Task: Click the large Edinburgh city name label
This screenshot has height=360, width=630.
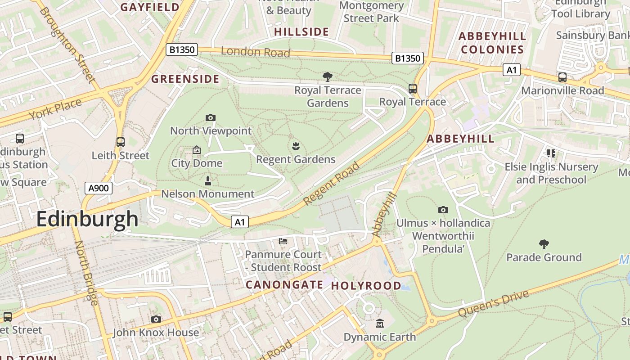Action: coord(87,220)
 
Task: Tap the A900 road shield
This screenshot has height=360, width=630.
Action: coord(99,188)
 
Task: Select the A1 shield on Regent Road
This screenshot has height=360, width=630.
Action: coord(240,221)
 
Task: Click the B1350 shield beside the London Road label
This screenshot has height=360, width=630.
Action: coord(182,49)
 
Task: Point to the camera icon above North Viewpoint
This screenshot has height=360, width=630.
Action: coord(210,118)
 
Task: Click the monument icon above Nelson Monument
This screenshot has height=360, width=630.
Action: coord(208,181)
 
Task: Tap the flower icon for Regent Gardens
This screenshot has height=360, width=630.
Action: coord(296,146)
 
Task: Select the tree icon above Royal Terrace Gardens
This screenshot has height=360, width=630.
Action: coord(328,77)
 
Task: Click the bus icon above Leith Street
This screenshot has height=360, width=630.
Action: coord(120,142)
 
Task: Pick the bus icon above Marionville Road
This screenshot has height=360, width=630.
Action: coord(562,77)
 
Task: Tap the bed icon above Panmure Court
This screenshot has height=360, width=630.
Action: coord(283,241)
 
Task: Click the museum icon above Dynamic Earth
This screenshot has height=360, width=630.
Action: coord(380,324)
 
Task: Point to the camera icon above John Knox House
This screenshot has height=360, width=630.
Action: coord(156,319)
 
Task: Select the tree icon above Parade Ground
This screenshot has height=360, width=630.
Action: coord(544,244)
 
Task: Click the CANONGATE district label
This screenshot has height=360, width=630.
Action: coord(284,284)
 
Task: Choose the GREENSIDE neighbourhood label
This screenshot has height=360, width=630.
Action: coord(185,79)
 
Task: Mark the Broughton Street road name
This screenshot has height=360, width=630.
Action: coord(68,45)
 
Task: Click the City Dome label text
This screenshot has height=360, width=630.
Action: coord(197,163)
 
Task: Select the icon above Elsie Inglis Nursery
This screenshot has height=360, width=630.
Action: coord(551,153)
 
